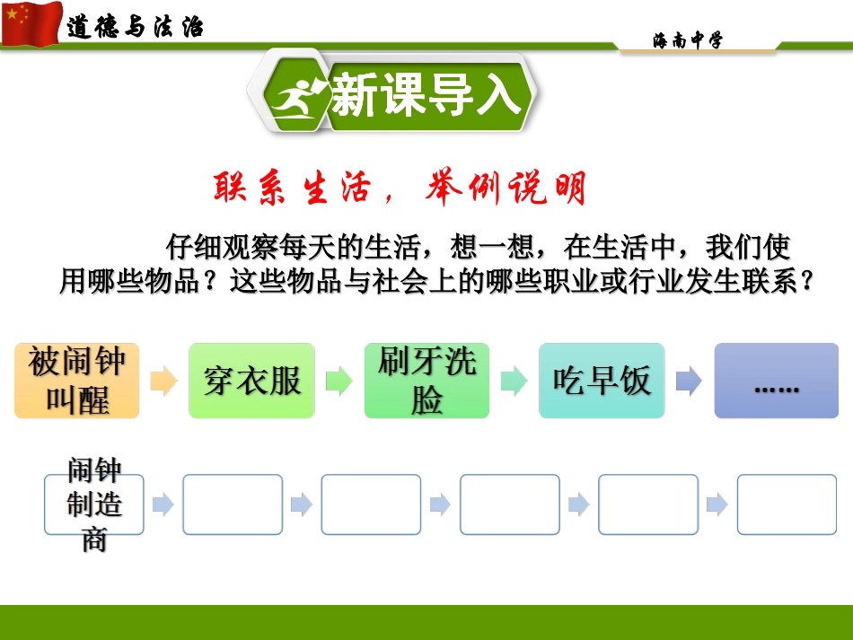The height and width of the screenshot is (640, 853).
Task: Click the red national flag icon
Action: [31, 23]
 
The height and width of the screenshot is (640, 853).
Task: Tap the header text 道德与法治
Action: [135, 27]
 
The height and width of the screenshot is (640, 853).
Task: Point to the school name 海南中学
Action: [687, 40]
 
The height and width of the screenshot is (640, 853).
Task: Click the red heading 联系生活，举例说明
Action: [400, 189]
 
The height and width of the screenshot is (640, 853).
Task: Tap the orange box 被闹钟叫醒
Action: [77, 381]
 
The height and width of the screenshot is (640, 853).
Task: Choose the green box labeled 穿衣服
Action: [251, 381]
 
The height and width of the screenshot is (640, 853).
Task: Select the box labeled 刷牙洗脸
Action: [426, 381]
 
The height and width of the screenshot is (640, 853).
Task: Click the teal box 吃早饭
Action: [602, 381]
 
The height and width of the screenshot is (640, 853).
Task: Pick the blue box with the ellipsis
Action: [777, 381]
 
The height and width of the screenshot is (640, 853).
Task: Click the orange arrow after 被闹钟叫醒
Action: [164, 381]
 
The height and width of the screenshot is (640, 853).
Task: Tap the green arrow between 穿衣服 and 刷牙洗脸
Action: [339, 381]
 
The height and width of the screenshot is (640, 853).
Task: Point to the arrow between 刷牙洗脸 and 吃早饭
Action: [514, 381]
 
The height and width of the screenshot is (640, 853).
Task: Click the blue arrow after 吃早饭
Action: [689, 381]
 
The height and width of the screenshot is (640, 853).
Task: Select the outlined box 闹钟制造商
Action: [94, 504]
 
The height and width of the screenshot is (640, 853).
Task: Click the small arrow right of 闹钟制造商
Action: [163, 504]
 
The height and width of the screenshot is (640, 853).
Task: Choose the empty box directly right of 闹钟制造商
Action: [233, 504]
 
